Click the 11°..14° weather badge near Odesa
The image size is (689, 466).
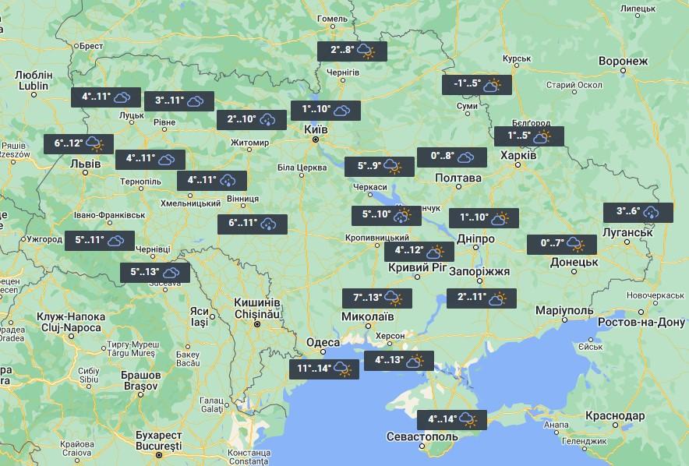tap(324, 369)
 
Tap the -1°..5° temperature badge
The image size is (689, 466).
tap(476, 85)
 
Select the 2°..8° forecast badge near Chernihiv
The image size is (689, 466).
tap(352, 51)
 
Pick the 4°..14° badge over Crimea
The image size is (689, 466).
tap(452, 420)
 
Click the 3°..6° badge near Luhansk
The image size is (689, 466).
tap(638, 212)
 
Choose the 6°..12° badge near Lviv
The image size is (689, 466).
tap(79, 143)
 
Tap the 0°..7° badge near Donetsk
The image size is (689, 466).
tap(562, 245)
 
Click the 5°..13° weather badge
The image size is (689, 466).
tap(154, 273)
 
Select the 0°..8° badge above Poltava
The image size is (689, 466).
tap(452, 157)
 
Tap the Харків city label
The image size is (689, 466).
tap(518, 155)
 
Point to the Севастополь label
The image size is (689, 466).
tap(426, 437)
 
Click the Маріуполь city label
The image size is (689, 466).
tap(564, 311)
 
